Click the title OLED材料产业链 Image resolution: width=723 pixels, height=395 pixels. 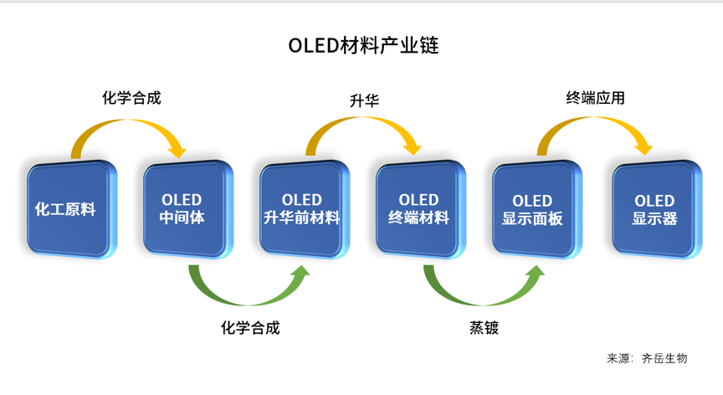click(x=363, y=46)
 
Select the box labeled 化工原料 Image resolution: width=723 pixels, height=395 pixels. click(x=72, y=209)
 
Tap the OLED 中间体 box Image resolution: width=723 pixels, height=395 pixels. click(x=188, y=209)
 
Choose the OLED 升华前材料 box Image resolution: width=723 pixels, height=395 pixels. click(x=305, y=209)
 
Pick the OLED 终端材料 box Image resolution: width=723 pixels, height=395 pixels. click(x=421, y=209)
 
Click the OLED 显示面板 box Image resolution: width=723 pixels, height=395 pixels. click(x=536, y=209)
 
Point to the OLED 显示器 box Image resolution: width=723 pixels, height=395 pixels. click(x=657, y=209)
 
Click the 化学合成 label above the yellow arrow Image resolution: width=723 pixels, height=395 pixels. click(x=131, y=98)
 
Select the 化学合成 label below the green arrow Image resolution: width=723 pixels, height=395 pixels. click(x=250, y=328)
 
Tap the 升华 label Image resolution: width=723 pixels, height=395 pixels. click(x=364, y=100)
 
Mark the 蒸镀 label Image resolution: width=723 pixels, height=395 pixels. click(x=485, y=328)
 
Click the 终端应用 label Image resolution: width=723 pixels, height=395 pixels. click(x=595, y=98)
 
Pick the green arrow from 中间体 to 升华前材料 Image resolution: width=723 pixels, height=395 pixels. click(x=249, y=302)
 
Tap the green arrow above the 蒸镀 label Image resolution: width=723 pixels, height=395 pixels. click(x=483, y=302)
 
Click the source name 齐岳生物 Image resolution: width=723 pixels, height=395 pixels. click(x=664, y=358)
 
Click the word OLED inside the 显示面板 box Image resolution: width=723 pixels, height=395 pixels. click(x=532, y=201)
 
